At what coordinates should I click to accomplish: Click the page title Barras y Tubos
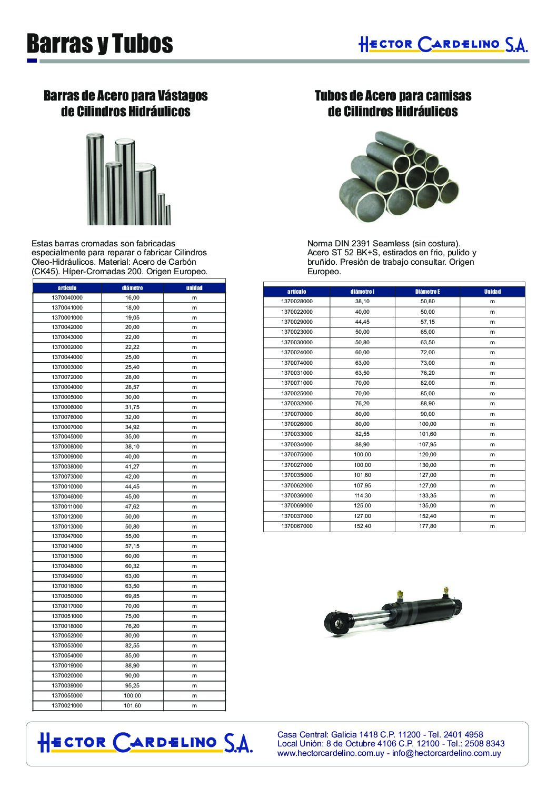tap(100, 45)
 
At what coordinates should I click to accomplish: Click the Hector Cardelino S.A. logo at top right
tap(443, 45)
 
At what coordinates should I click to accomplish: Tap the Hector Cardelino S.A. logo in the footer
tap(145, 742)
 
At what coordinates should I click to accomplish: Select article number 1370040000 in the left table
tap(67, 298)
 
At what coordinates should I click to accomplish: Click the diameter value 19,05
tap(132, 318)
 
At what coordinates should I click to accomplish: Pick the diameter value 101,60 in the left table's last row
tap(132, 705)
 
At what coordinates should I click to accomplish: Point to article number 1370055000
tap(67, 696)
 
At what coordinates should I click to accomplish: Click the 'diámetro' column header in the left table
tap(132, 288)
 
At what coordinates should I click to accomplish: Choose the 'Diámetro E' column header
tap(427, 292)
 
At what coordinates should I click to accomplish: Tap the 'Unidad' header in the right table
tap(492, 292)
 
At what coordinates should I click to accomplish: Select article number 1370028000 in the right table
tap(297, 302)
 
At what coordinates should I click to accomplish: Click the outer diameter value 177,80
tap(427, 526)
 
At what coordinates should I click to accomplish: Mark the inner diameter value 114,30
tap(362, 495)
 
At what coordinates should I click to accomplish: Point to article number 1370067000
tap(297, 526)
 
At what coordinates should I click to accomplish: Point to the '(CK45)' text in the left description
tap(45, 272)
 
